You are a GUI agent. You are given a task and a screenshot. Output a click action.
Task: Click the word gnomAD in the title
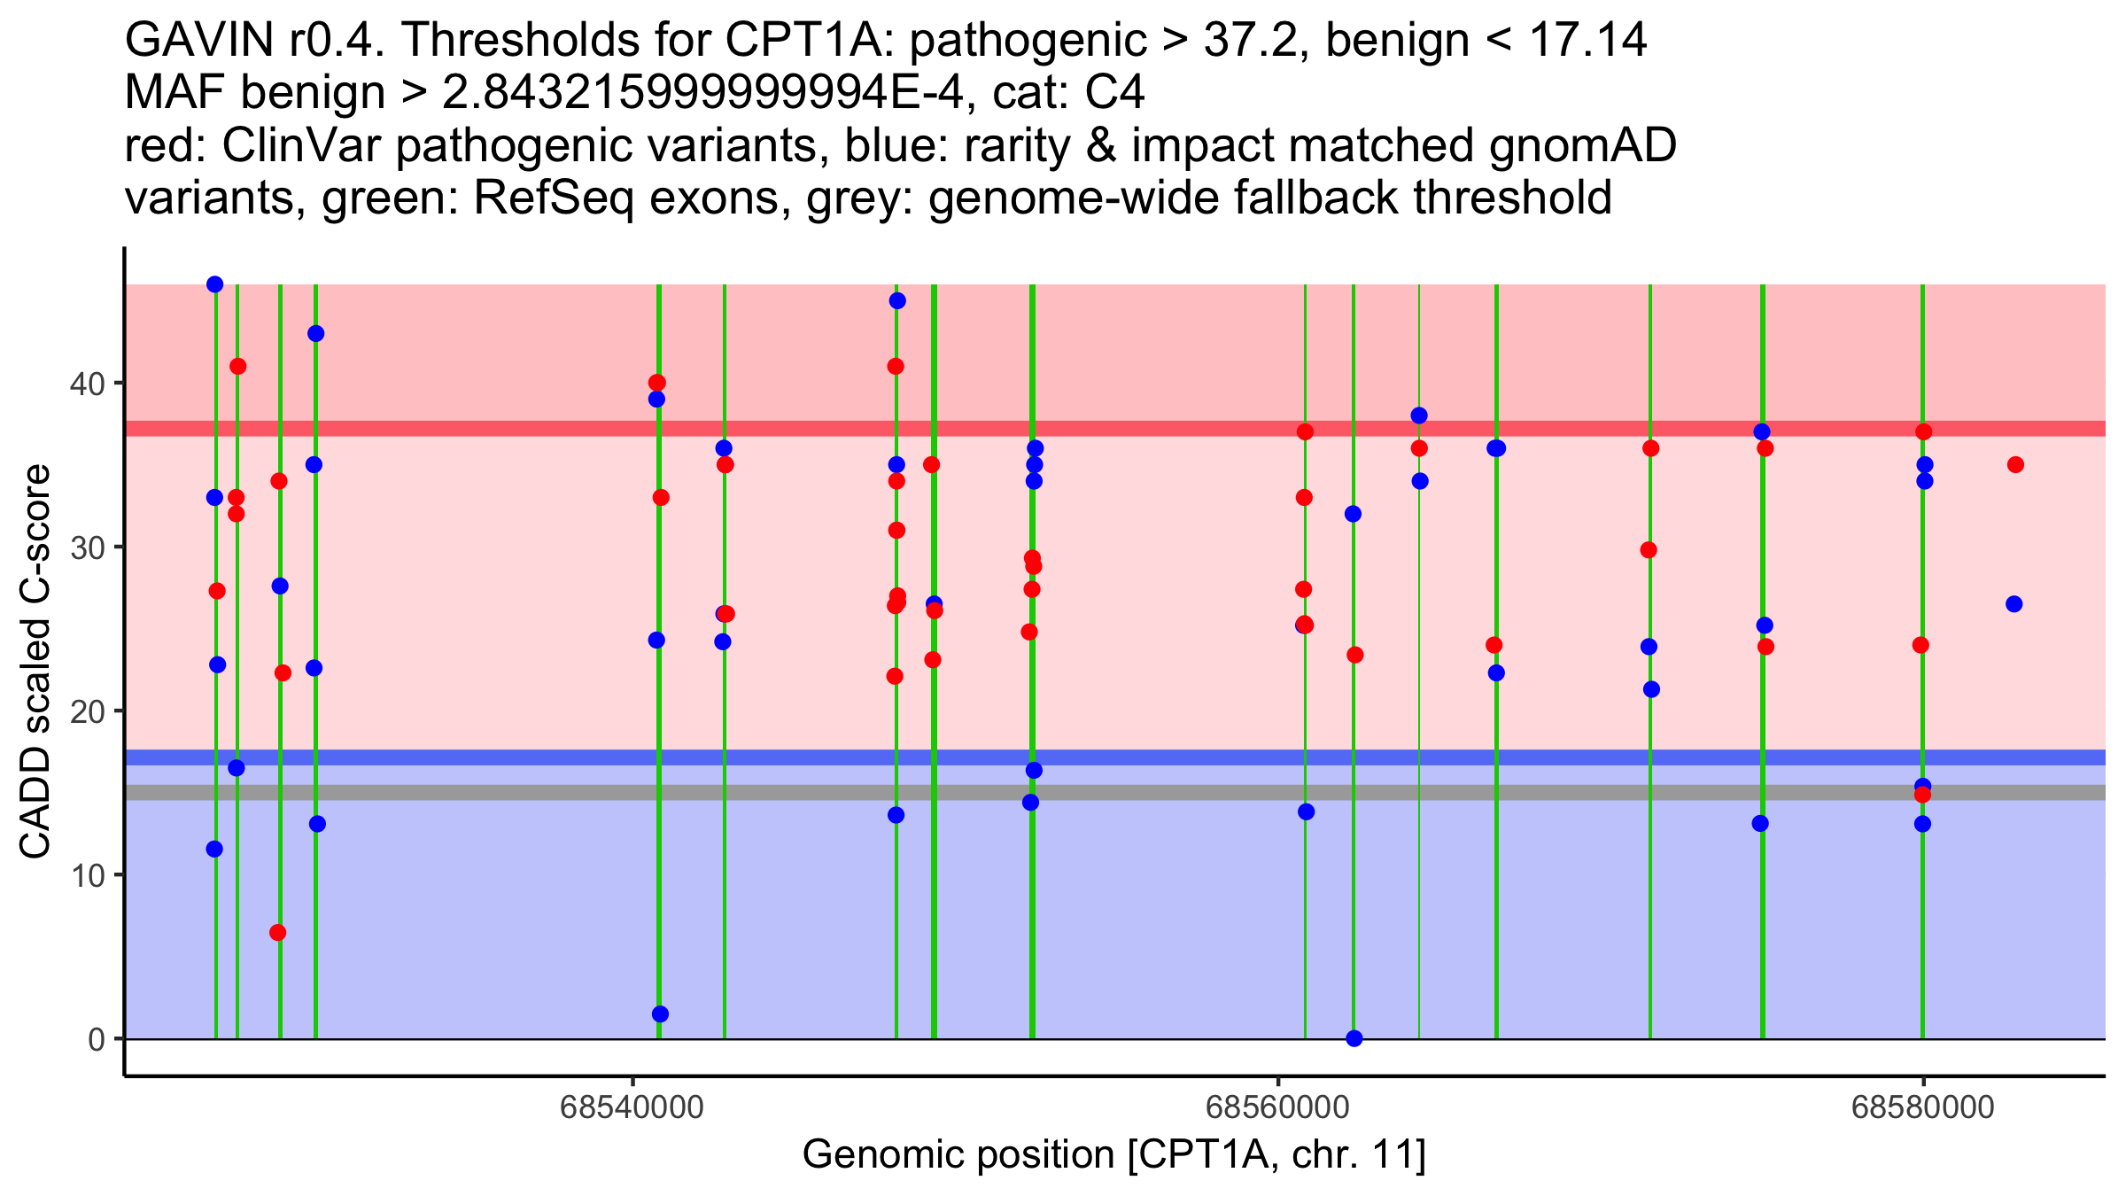[x=1582, y=145]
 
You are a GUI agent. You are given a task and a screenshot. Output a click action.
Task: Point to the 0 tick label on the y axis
[x=97, y=1039]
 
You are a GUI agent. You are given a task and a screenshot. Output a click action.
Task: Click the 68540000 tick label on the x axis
[x=632, y=1108]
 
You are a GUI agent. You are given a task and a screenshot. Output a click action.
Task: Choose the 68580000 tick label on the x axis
[x=1922, y=1108]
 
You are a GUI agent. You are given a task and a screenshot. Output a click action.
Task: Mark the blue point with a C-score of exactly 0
[x=1354, y=1038]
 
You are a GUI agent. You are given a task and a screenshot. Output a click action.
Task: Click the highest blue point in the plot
[x=214, y=284]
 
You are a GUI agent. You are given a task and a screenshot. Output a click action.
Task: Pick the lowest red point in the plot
[x=278, y=933]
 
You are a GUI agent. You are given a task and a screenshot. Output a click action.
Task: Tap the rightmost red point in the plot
[x=2015, y=465]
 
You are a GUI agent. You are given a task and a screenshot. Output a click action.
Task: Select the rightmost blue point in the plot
[x=2013, y=604]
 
